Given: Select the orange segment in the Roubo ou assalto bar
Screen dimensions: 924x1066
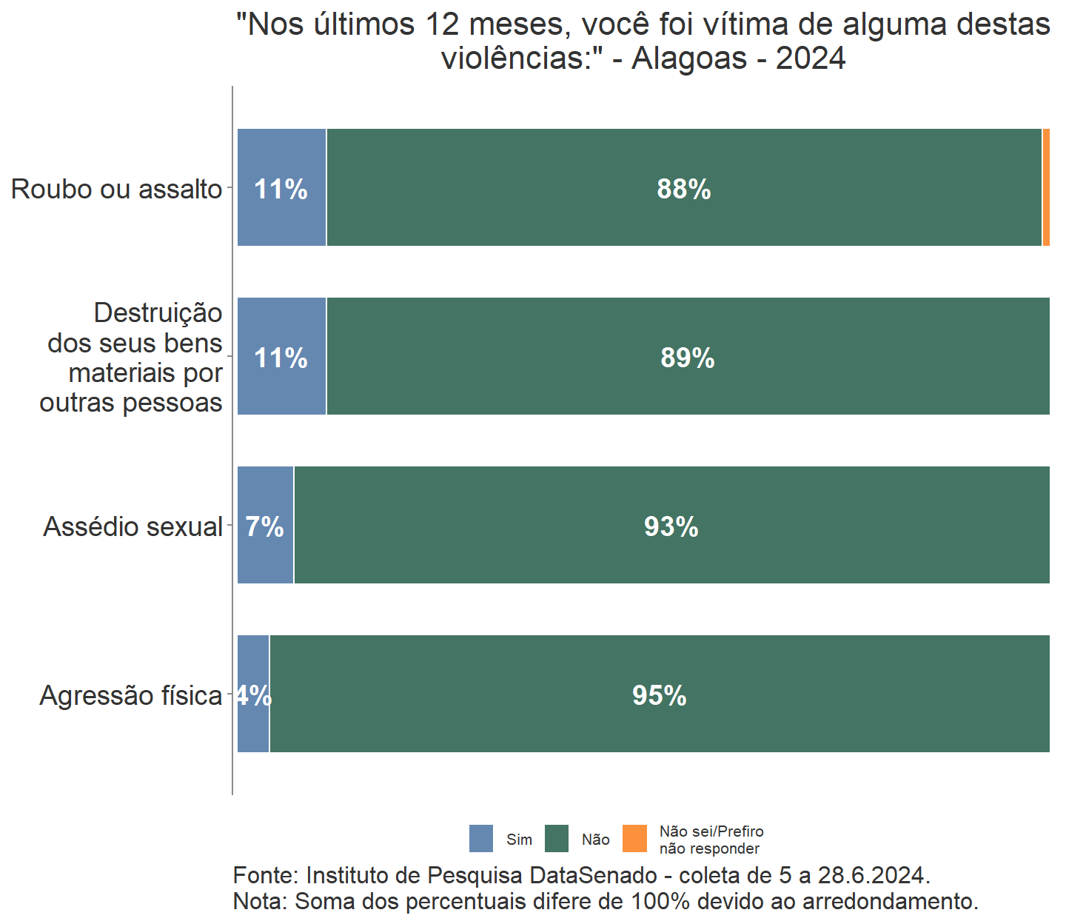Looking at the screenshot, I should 1046,187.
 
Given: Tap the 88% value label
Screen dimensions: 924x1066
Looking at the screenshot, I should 683,190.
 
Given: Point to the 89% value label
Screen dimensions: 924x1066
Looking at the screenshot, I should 687,358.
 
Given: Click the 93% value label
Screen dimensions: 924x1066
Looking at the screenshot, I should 671,527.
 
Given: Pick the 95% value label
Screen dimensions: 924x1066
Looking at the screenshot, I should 659,696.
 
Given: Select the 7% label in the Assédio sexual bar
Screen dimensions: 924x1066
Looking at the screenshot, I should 264,527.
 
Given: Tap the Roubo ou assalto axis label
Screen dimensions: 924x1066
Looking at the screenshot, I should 116,190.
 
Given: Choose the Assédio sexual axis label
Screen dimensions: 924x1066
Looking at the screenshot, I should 133,527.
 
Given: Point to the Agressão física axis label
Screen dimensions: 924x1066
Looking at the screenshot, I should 130,696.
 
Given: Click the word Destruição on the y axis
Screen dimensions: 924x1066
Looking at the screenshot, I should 158,313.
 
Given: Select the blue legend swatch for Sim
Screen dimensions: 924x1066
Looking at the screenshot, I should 481,839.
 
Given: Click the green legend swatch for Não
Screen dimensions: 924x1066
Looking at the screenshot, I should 557,839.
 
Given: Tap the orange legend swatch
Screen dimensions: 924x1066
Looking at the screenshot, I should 634,839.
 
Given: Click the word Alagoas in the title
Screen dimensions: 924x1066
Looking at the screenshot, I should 689,58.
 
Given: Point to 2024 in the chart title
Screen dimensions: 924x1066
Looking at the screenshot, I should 810,58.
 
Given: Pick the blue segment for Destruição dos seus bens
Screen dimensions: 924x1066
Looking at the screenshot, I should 281,392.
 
